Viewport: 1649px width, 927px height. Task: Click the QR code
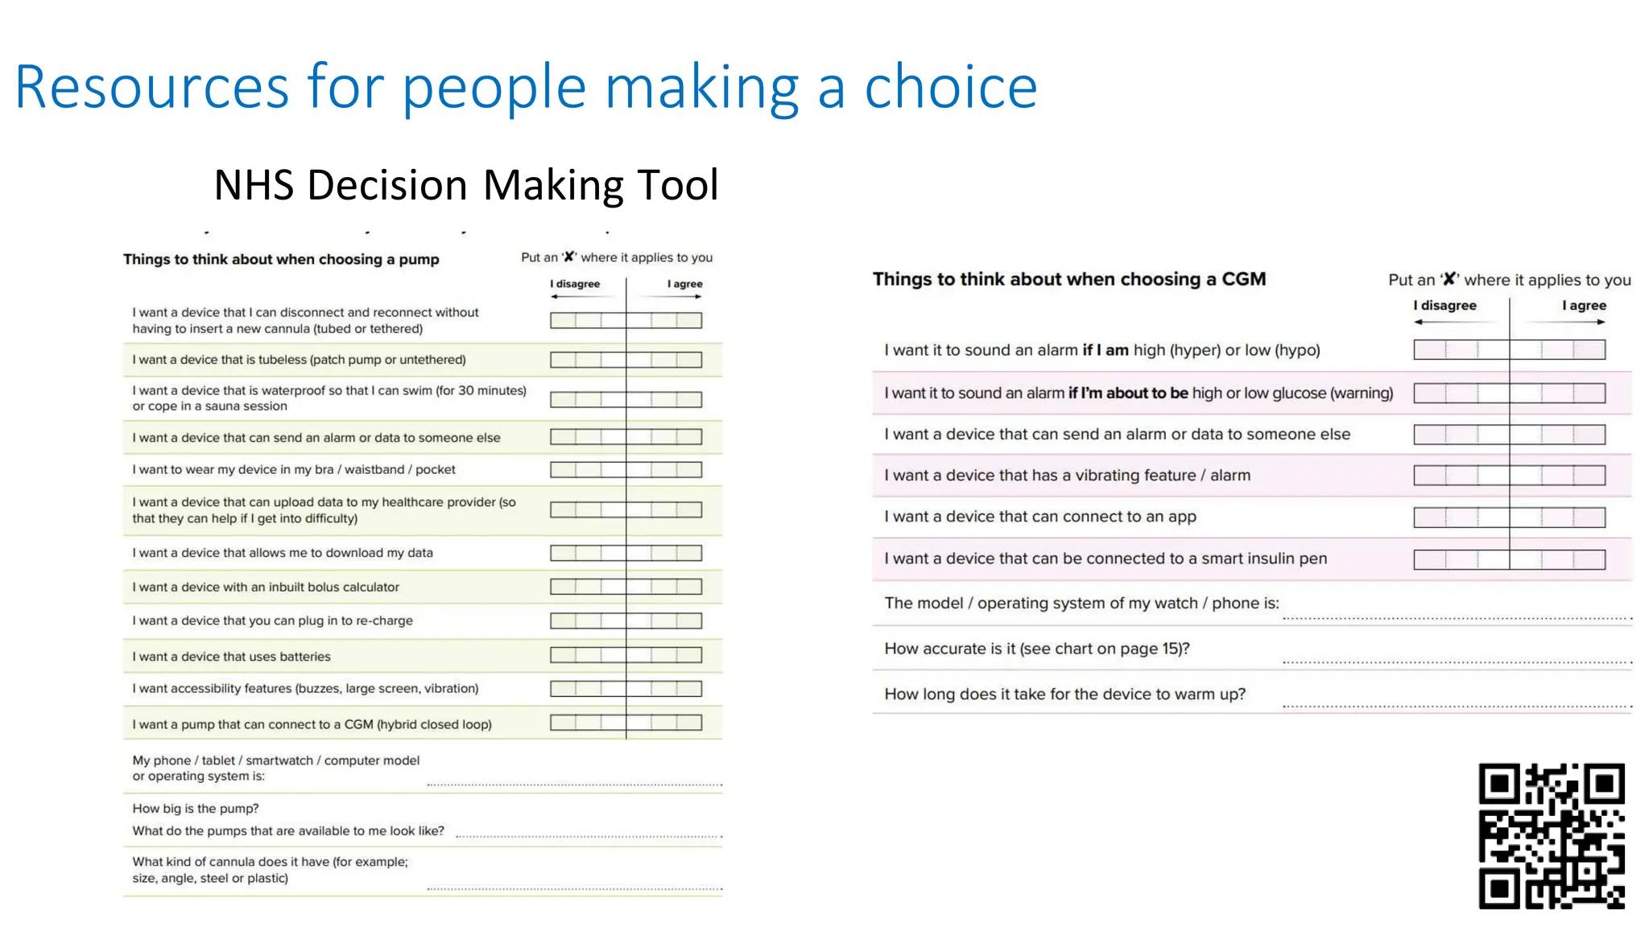pyautogui.click(x=1551, y=835)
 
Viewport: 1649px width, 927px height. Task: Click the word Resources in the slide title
pyautogui.click(x=151, y=87)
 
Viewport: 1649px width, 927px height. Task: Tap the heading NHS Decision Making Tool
pyautogui.click(x=465, y=185)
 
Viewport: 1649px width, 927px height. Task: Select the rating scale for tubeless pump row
pyautogui.click(x=626, y=360)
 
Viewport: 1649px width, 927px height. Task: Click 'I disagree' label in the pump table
pyautogui.click(x=575, y=284)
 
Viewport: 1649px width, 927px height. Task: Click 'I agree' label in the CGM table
pyautogui.click(x=1583, y=306)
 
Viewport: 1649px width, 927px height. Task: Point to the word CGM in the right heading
pyautogui.click(x=1243, y=279)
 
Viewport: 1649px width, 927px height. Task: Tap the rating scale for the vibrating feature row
pyautogui.click(x=1509, y=476)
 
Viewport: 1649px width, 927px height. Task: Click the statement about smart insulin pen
pyautogui.click(x=1105, y=558)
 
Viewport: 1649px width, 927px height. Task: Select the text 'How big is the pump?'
pyautogui.click(x=196, y=809)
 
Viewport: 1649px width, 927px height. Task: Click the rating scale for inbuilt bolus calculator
pyautogui.click(x=626, y=587)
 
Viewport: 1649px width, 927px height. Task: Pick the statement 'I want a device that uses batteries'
pyautogui.click(x=232, y=657)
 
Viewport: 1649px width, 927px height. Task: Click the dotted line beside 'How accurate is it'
pyautogui.click(x=1456, y=661)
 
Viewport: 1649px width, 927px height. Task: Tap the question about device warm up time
pyautogui.click(x=1064, y=694)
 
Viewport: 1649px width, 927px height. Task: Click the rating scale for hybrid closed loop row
pyautogui.click(x=626, y=723)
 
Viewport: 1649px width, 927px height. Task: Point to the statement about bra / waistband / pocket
pyautogui.click(x=294, y=470)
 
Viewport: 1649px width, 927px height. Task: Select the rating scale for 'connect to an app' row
pyautogui.click(x=1509, y=517)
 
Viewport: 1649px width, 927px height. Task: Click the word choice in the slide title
pyautogui.click(x=950, y=87)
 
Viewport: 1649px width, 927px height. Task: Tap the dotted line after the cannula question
pyautogui.click(x=574, y=888)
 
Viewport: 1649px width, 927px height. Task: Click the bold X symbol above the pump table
pyautogui.click(x=568, y=257)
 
